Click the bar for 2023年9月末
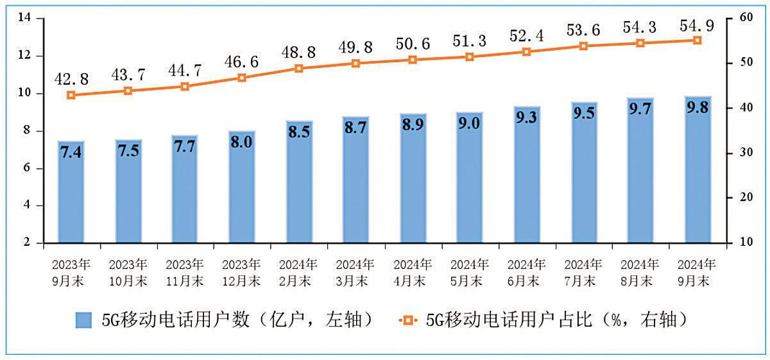(71, 193)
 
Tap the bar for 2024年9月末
(697, 170)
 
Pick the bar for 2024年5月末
(470, 178)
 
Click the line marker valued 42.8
(71, 95)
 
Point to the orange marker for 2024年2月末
(298, 68)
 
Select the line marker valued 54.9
(697, 40)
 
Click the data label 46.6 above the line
(242, 62)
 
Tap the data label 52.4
(526, 36)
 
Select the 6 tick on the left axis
(28, 168)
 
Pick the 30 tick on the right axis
(745, 153)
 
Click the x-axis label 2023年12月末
(242, 272)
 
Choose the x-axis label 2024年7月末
(583, 272)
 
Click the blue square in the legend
(84, 320)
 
